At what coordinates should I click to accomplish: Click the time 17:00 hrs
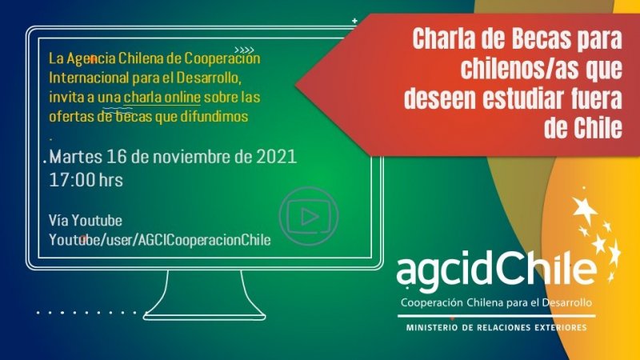[86, 179]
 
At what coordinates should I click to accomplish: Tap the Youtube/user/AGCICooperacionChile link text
[160, 240]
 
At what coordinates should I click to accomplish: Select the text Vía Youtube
[86, 221]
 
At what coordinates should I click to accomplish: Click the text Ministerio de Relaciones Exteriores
[496, 328]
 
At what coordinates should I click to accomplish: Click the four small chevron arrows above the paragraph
[243, 50]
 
